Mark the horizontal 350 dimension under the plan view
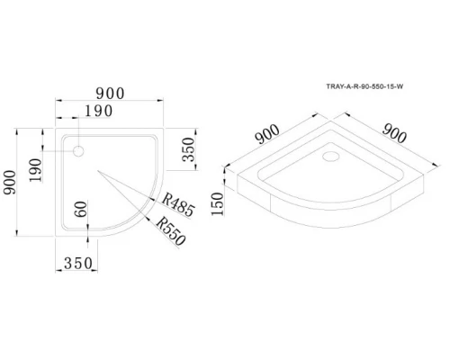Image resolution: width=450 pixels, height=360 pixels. pos(81,265)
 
